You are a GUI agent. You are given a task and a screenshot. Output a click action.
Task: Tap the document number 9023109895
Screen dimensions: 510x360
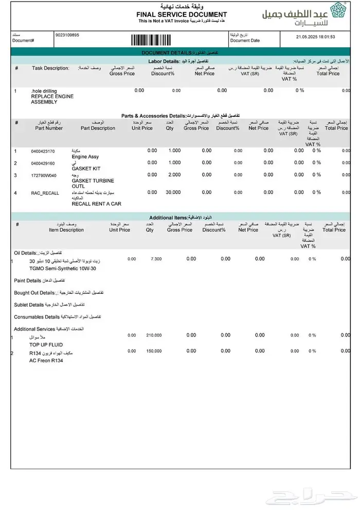click(67, 35)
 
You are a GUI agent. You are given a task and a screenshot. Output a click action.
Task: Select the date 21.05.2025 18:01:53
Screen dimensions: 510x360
click(316, 37)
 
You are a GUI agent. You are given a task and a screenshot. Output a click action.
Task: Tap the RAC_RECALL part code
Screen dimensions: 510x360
click(45, 192)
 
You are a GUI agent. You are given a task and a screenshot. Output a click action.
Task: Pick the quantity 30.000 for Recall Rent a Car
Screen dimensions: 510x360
click(173, 192)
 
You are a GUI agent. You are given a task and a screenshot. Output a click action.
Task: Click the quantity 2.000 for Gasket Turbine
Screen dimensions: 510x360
click(175, 175)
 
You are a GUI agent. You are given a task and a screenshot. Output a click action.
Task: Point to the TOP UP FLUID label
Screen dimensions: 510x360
click(46, 344)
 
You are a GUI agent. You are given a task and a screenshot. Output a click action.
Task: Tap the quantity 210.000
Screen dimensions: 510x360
click(154, 335)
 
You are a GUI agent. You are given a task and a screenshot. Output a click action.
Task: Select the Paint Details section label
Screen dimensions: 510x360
click(28, 280)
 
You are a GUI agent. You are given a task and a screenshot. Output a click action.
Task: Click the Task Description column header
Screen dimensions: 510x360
click(50, 68)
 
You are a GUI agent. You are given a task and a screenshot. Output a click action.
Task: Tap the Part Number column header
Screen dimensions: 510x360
click(50, 128)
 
